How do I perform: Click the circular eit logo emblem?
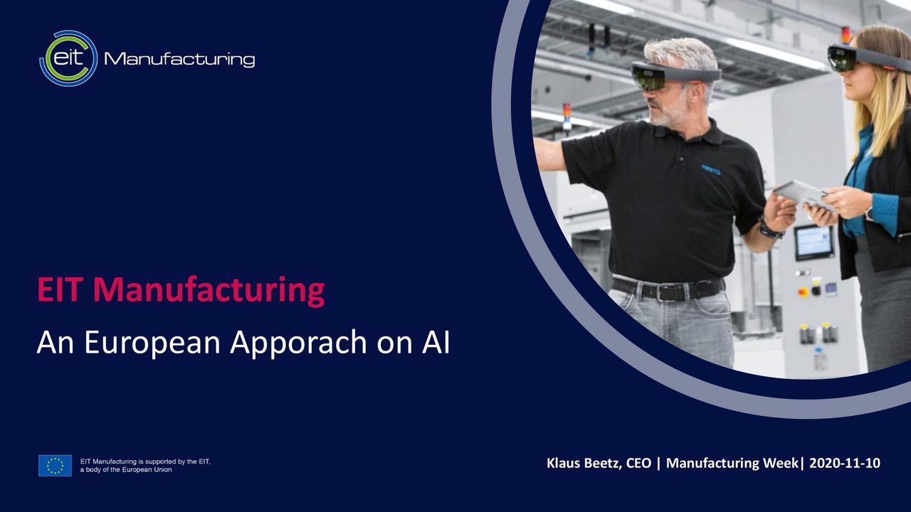(68, 58)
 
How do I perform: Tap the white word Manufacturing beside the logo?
(179, 59)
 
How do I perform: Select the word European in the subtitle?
(152, 342)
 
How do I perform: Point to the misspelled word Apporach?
(298, 343)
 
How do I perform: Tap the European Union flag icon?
(55, 466)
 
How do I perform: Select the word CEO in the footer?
(638, 463)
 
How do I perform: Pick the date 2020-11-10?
(845, 463)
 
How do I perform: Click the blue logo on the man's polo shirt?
(710, 169)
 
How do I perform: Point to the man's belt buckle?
(668, 292)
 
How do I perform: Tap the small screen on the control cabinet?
(813, 242)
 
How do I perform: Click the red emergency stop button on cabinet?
(804, 292)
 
